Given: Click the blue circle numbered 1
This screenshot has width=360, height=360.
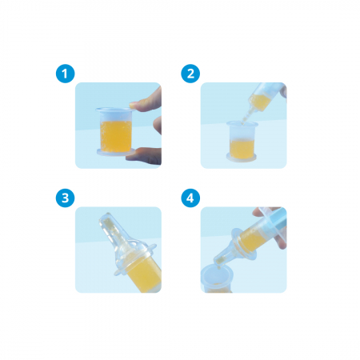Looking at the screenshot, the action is point(65,74).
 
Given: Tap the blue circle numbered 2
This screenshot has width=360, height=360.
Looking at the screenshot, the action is point(190,74).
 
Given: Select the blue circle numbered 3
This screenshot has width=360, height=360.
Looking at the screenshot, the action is point(65,198).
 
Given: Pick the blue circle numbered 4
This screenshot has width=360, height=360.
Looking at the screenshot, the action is point(190,198).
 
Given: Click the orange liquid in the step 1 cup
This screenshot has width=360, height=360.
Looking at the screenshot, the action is point(116,136).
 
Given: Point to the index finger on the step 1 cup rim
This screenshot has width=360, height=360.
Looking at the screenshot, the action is point(146,102).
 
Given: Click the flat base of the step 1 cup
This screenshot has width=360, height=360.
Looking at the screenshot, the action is point(116,152).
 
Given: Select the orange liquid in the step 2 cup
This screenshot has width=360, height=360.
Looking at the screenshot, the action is point(242,147).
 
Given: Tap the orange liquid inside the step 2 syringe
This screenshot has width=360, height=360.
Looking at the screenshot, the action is point(258,102).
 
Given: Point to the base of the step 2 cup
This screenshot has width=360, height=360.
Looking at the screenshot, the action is point(242,157).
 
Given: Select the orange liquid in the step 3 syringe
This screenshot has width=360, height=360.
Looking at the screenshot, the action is point(146,274).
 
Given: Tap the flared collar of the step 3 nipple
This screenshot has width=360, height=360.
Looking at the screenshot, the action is point(135,259).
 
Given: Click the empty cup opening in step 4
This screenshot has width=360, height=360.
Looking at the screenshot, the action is point(217,274).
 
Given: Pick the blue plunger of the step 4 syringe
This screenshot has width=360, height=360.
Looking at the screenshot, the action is point(278,218).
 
